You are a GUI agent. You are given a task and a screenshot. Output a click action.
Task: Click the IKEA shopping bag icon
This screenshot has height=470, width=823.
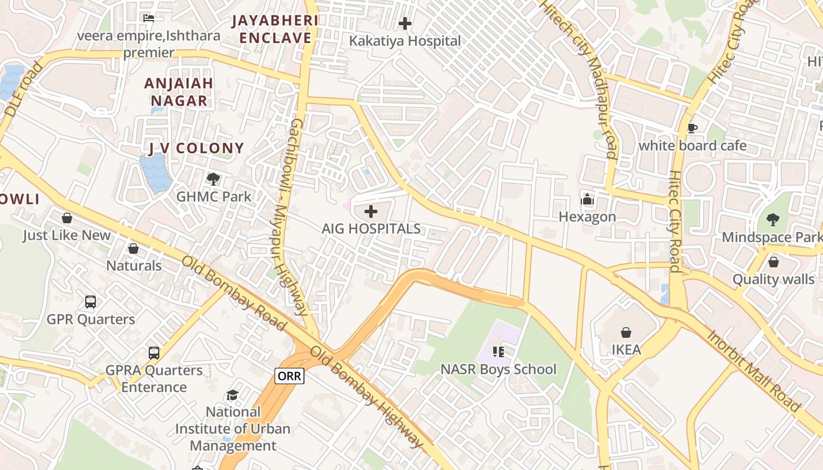point(626,333)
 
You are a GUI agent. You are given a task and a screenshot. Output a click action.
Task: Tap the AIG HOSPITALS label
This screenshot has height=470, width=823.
point(371,229)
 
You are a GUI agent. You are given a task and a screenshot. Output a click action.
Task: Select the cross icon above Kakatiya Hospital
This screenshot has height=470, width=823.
point(404,24)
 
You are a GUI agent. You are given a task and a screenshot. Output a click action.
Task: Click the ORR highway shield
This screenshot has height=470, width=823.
point(289,376)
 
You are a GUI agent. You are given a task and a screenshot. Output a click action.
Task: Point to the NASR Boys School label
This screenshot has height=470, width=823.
point(499,370)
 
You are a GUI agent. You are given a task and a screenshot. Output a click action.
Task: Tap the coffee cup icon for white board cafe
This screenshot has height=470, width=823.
point(692,128)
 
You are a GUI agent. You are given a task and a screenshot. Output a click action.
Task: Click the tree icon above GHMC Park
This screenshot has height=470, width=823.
point(213,179)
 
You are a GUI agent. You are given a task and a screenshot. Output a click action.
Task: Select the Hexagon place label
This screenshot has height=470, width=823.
point(587,217)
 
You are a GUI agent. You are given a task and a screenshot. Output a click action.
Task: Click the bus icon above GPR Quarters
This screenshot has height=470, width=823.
point(91,301)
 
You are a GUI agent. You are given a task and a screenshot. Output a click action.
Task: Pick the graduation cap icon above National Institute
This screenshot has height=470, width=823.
point(233,395)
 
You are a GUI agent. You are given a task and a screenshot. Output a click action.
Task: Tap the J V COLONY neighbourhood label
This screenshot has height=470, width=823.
point(196,148)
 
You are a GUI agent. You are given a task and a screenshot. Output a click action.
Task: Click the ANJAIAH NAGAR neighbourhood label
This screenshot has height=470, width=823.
point(179,92)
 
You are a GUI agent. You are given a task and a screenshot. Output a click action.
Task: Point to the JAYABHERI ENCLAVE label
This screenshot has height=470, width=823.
point(275,29)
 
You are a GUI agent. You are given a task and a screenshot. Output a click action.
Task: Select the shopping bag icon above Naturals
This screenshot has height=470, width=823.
point(133,249)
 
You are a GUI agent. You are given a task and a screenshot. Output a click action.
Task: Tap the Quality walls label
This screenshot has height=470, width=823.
point(773,280)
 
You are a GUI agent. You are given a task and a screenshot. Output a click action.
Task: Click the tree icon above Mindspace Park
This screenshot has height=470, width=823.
point(773,220)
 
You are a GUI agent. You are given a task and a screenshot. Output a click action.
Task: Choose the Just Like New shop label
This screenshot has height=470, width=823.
point(66,236)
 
